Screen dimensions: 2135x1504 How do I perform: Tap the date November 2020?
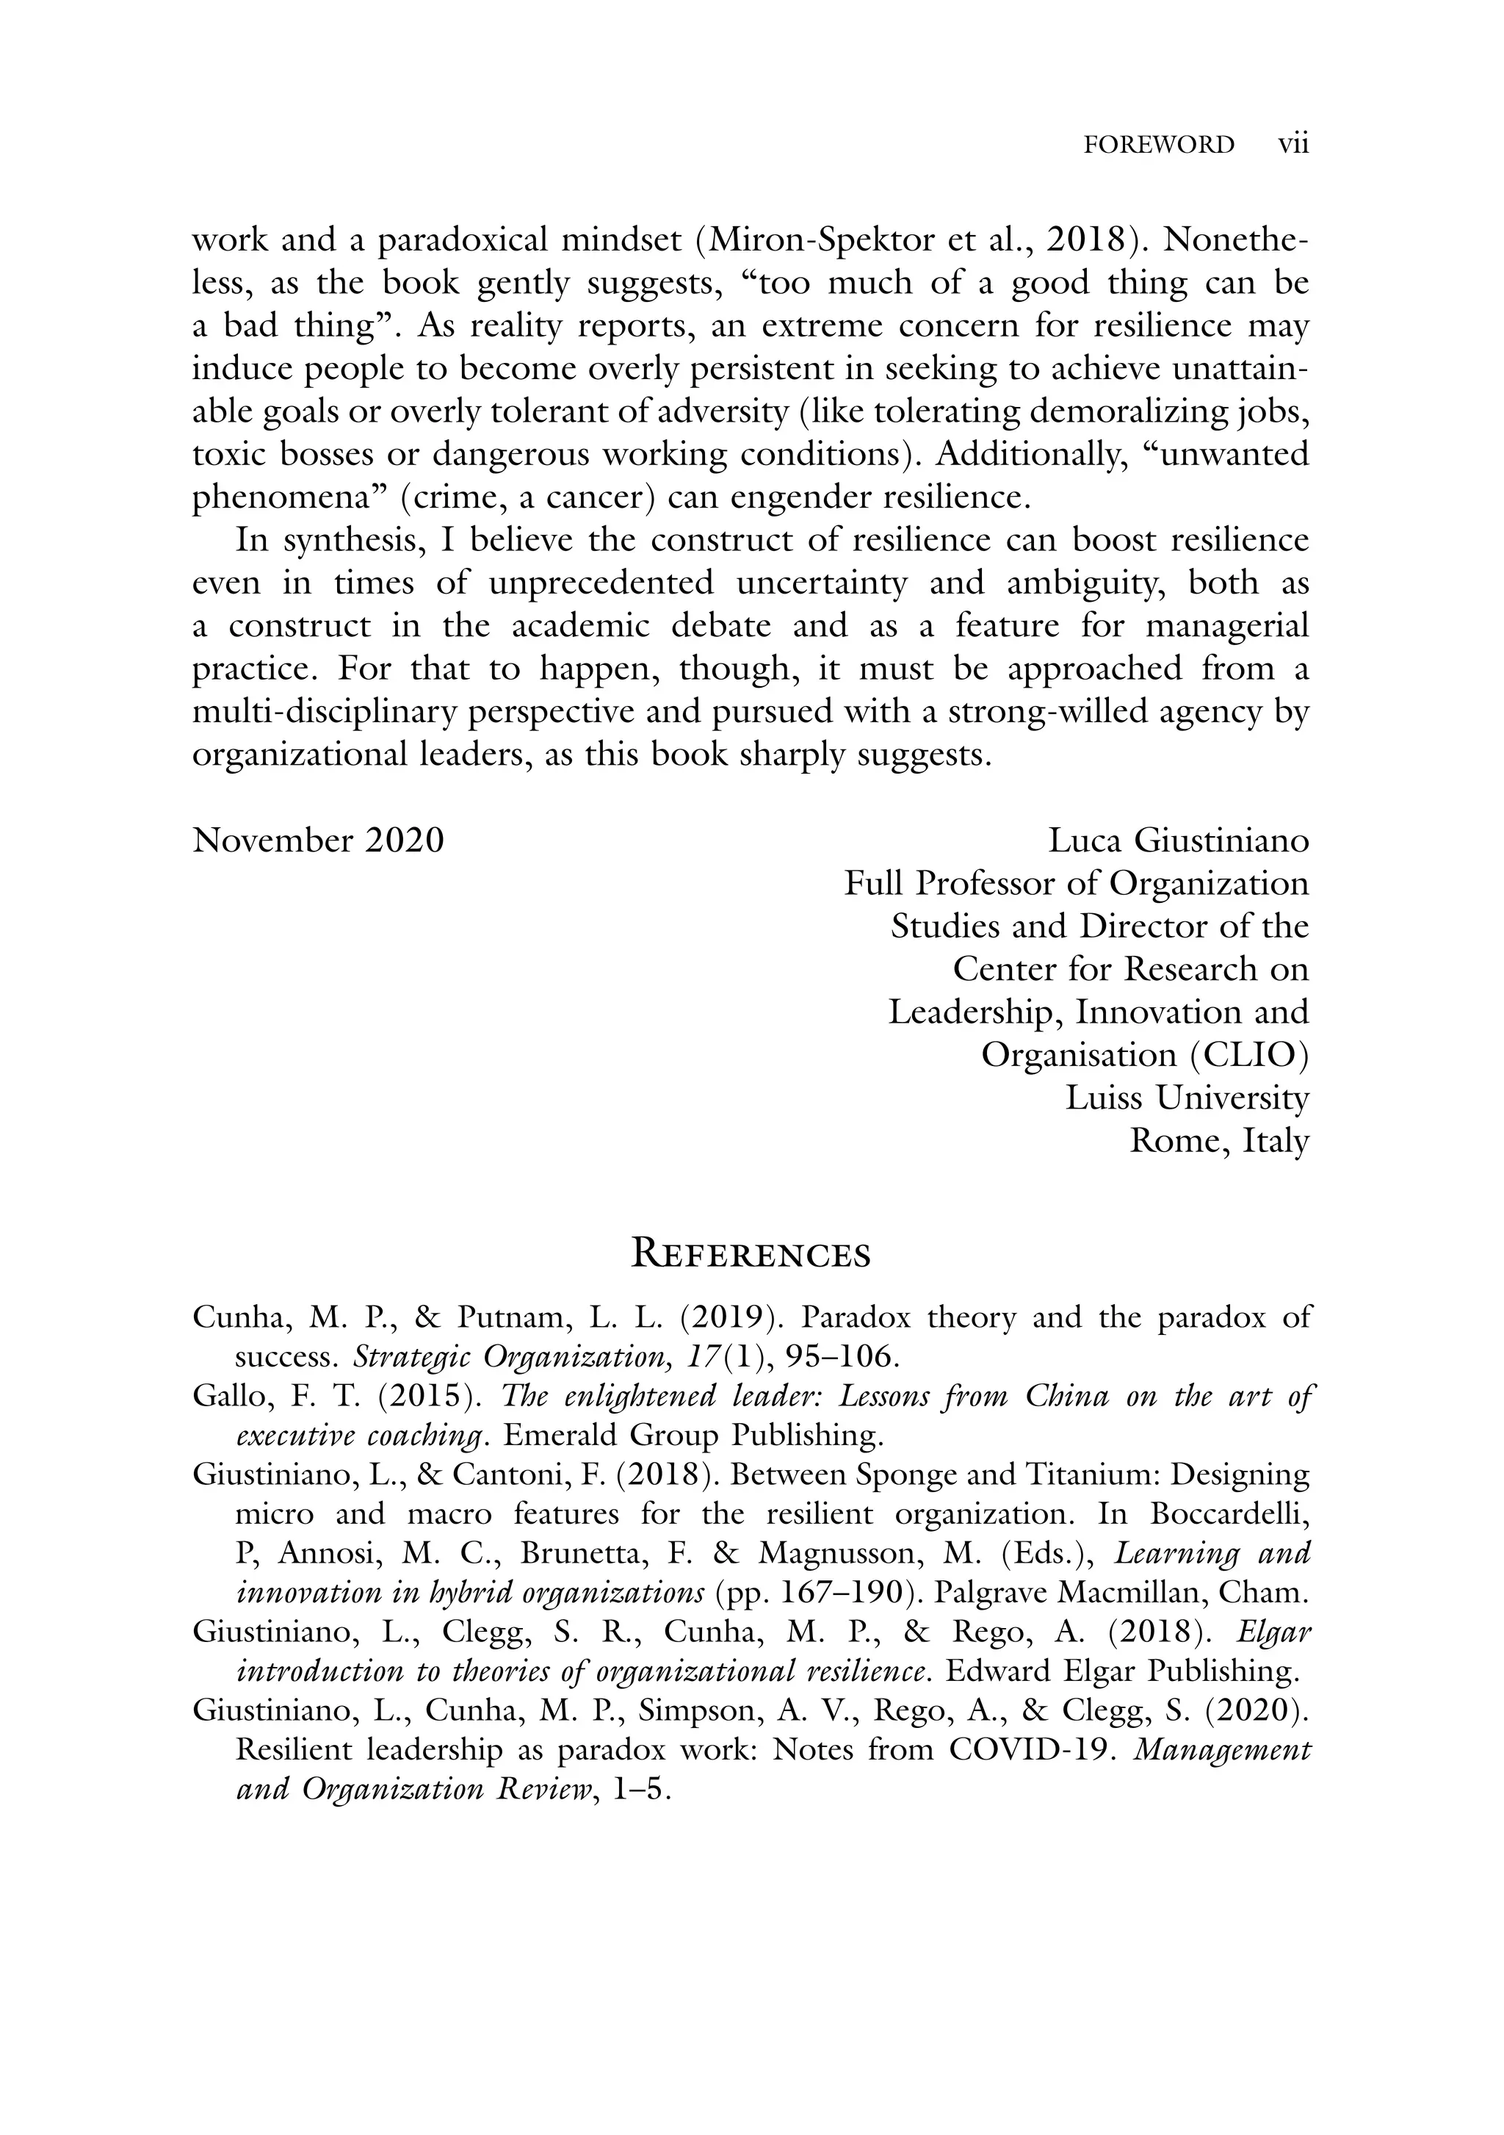coord(318,840)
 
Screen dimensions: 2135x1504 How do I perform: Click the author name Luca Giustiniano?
coord(1178,840)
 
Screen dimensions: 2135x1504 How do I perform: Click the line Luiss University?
coord(1186,1098)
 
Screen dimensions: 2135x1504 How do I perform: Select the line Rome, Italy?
coord(1218,1140)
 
